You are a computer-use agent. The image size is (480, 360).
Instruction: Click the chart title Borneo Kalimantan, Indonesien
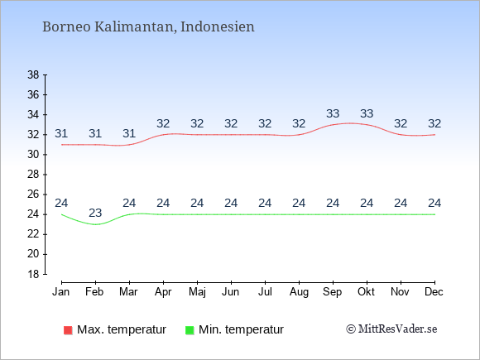pyautogui.click(x=148, y=26)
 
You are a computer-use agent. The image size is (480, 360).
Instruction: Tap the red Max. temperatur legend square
pyautogui.click(x=68, y=330)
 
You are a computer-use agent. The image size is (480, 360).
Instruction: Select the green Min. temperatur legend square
pyautogui.click(x=190, y=330)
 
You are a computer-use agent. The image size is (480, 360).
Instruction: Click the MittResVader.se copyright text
pyautogui.click(x=391, y=329)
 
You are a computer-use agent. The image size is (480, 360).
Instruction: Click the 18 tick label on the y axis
pyautogui.click(x=33, y=274)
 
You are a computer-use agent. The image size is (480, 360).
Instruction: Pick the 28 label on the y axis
pyautogui.click(x=33, y=175)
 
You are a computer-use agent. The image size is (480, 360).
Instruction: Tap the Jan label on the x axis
pyautogui.click(x=61, y=292)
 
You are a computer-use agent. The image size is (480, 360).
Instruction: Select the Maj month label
pyautogui.click(x=197, y=292)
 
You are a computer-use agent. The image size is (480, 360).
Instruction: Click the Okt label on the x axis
pyautogui.click(x=366, y=292)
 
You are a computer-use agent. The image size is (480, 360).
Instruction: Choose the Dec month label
pyautogui.click(x=434, y=292)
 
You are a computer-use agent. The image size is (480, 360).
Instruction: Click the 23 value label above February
pyautogui.click(x=95, y=213)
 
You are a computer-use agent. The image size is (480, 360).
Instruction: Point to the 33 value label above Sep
pyautogui.click(x=333, y=113)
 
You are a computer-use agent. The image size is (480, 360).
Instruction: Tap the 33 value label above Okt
pyautogui.click(x=367, y=113)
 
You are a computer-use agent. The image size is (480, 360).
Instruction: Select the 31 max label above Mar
pyautogui.click(x=129, y=133)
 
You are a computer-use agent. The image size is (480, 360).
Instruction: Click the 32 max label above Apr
pyautogui.click(x=163, y=123)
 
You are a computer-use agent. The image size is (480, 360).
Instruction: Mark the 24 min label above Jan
pyautogui.click(x=61, y=203)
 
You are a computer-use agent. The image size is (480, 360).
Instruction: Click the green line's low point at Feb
pyautogui.click(x=95, y=224)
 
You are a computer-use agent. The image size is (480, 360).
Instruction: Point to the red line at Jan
pyautogui.click(x=62, y=145)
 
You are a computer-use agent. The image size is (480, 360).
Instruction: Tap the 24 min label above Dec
pyautogui.click(x=434, y=203)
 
